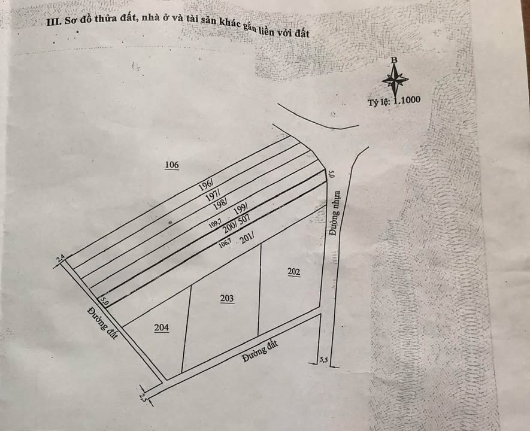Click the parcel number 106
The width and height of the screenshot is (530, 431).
point(172,165)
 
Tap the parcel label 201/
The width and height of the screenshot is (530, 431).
point(247,238)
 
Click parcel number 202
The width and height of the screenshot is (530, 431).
point(293,272)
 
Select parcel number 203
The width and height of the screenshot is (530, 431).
point(227,298)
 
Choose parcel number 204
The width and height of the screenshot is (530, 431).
point(161,327)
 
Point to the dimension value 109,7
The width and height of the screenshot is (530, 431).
point(216,224)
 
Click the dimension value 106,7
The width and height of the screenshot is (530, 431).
point(225,243)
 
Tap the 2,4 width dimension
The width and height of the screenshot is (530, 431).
point(60,258)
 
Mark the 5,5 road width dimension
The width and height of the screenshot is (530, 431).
point(324,360)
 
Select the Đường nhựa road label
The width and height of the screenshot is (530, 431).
point(335,213)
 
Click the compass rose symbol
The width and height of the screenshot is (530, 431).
point(395,78)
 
